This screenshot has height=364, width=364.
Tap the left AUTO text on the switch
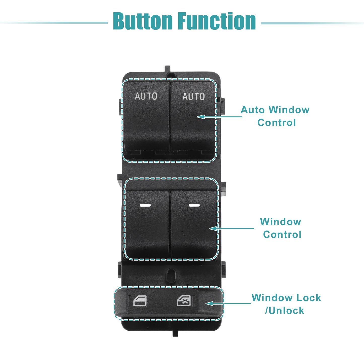pos(146,96)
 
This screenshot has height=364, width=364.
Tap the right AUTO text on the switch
pos(193,96)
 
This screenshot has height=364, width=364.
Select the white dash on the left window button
pos(145,205)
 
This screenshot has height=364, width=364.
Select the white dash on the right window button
pos(194,205)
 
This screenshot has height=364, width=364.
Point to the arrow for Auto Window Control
pos(219,117)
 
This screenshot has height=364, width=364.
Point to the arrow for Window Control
pos(231,228)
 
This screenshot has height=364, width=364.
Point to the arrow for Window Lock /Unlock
pos(228,304)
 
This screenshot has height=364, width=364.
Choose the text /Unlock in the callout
pos(284,311)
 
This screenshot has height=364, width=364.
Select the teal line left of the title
pos(54,23)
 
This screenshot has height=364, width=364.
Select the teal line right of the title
pos(312,23)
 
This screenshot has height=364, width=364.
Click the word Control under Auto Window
pos(277,123)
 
